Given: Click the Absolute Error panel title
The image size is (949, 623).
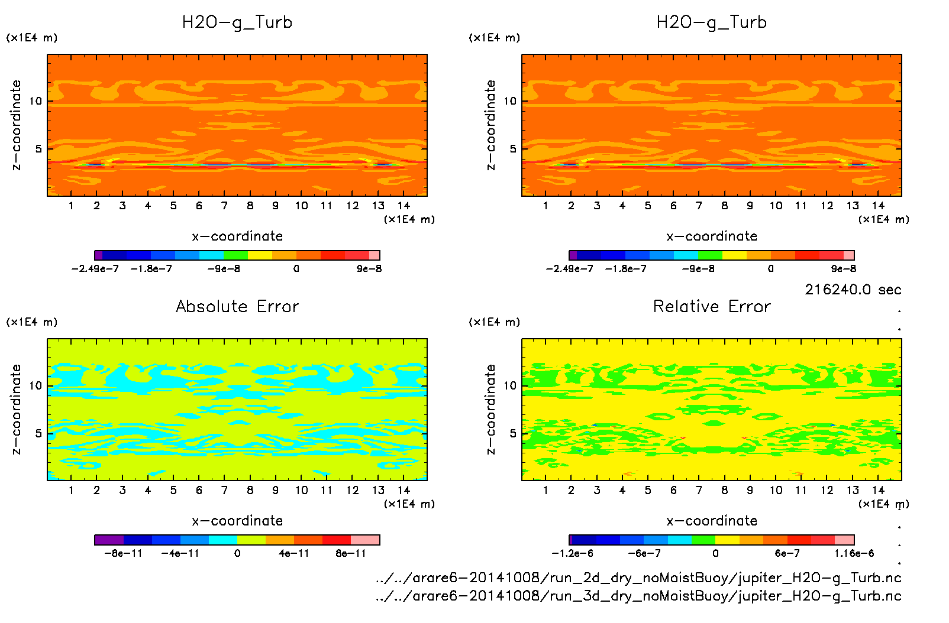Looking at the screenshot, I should pyautogui.click(x=237, y=306).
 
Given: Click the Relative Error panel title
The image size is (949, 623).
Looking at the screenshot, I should pyautogui.click(x=712, y=306).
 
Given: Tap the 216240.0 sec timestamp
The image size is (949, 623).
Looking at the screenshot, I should pyautogui.click(x=853, y=290).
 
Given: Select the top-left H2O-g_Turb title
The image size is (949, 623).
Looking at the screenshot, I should pyautogui.click(x=237, y=22).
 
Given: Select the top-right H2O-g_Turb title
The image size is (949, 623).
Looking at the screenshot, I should pyautogui.click(x=712, y=22).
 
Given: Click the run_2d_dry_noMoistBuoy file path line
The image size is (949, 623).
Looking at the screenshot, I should pyautogui.click(x=638, y=577).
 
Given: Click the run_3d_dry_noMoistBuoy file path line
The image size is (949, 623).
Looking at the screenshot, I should pyautogui.click(x=638, y=596).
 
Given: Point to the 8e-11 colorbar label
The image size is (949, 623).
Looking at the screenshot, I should pyautogui.click(x=351, y=553).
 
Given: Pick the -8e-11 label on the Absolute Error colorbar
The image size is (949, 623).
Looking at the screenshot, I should pyautogui.click(x=124, y=553).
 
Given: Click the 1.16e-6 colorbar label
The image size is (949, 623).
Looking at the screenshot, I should pyautogui.click(x=854, y=553).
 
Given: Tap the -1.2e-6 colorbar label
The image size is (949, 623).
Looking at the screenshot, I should pyautogui.click(x=572, y=553).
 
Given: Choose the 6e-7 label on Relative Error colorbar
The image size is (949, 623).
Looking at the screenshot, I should pyautogui.click(x=787, y=553).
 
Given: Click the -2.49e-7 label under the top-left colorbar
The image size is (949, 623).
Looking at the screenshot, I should pyautogui.click(x=95, y=268).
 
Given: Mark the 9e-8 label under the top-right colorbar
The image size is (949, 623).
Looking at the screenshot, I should pyautogui.click(x=844, y=268).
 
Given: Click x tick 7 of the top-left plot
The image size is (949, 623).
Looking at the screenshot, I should pyautogui.click(x=224, y=206).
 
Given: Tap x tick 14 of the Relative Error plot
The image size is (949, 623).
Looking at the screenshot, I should pyautogui.click(x=878, y=490).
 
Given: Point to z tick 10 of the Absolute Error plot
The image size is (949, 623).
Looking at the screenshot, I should pyautogui.click(x=35, y=385).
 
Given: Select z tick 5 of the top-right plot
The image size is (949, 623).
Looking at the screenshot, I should pyautogui.click(x=513, y=148).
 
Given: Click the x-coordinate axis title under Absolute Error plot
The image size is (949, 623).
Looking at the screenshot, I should pyautogui.click(x=237, y=521).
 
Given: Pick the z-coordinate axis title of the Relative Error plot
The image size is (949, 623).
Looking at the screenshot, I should pyautogui.click(x=490, y=409).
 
